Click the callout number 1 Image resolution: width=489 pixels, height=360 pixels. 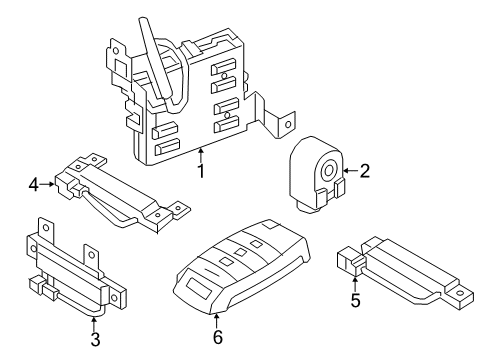(x=200, y=171)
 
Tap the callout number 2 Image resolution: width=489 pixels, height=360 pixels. (x=365, y=171)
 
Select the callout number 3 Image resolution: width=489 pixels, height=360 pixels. (x=95, y=340)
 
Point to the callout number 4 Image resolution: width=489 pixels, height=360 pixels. (x=34, y=184)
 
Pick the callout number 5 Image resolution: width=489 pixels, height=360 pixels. (x=356, y=300)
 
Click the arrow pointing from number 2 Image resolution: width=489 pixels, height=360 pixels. (x=351, y=171)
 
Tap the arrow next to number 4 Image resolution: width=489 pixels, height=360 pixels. (x=47, y=184)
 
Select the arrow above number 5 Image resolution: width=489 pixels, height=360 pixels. (x=355, y=284)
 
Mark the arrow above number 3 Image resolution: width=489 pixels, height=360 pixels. (x=94, y=324)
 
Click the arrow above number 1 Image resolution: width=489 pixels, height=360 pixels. (x=201, y=155)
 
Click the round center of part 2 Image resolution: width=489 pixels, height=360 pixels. (x=328, y=171)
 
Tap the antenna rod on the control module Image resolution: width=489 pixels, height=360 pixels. (x=155, y=60)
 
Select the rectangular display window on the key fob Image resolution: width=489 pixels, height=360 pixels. (x=200, y=288)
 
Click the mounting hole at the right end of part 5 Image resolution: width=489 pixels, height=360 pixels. (x=460, y=293)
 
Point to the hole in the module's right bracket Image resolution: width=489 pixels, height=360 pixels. (x=288, y=125)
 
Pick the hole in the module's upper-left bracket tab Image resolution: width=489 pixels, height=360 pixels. (x=116, y=51)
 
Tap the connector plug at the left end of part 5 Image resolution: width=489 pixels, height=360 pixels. (x=349, y=260)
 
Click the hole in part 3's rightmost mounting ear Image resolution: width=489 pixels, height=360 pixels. (x=115, y=298)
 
